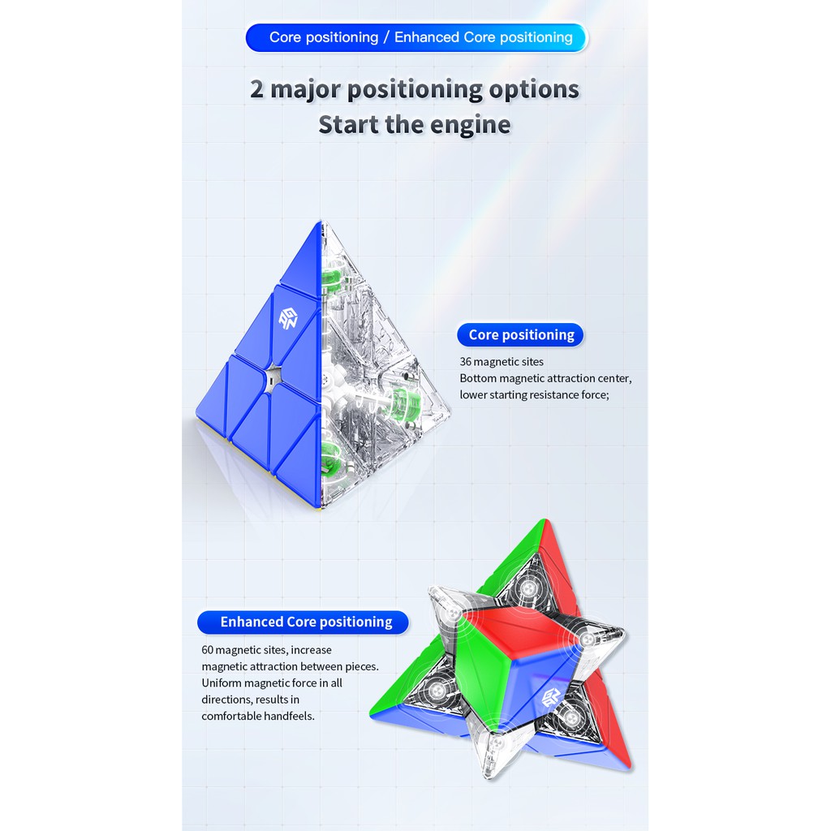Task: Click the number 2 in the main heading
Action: click(x=257, y=89)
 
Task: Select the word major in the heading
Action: click(x=307, y=89)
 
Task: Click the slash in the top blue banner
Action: click(x=386, y=37)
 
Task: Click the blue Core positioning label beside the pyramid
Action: click(x=521, y=334)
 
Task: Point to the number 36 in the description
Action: click(x=466, y=361)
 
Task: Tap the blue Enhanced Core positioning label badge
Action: click(x=306, y=622)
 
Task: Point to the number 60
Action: click(x=209, y=649)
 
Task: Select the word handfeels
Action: click(x=289, y=716)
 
